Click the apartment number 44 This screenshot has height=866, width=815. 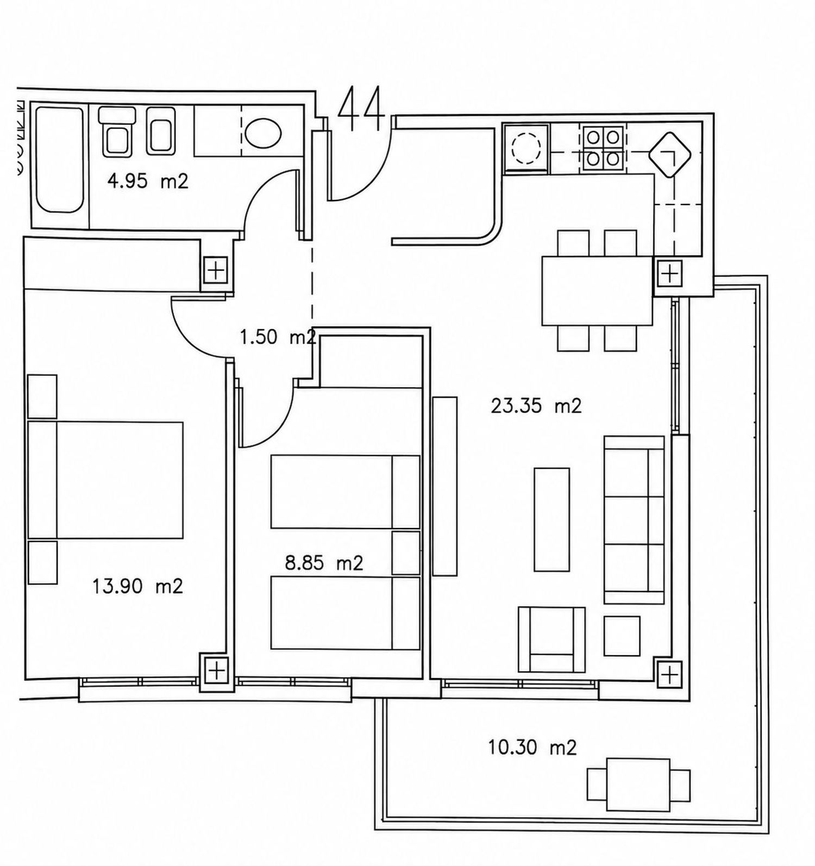tap(361, 109)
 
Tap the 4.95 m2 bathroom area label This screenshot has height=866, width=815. tap(148, 181)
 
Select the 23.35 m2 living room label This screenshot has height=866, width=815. tap(536, 406)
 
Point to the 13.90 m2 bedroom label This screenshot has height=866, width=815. tap(137, 586)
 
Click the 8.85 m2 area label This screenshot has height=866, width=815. tap(324, 563)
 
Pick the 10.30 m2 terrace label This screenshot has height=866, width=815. tap(532, 748)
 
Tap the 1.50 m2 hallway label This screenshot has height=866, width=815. tap(278, 337)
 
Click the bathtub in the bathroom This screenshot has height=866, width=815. tap(60, 160)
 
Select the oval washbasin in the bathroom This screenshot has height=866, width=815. tap(264, 132)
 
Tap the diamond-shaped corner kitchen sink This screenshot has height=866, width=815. tap(669, 155)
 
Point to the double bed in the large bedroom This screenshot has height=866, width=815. tap(105, 480)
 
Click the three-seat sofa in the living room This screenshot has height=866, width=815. tap(634, 519)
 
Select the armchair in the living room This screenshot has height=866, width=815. tap(551, 639)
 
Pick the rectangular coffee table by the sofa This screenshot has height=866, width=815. tap(552, 519)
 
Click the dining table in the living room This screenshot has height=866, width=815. tap(597, 291)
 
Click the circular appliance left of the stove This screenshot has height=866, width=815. tap(526, 148)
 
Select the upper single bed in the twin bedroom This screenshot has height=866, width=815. tap(346, 492)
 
